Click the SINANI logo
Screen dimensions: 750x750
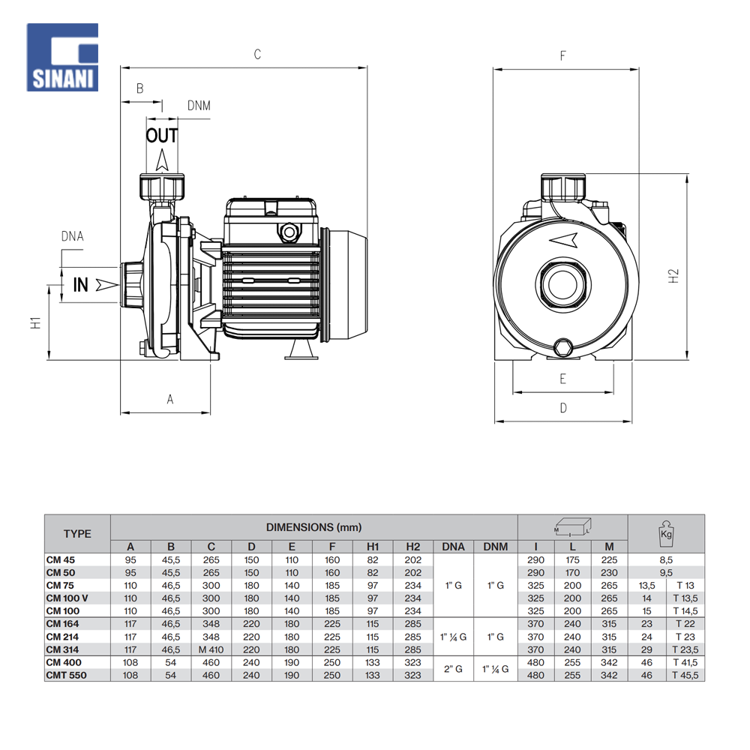coord(62,57)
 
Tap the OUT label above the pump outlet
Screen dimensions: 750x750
coord(162,136)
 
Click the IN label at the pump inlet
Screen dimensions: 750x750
coord(81,285)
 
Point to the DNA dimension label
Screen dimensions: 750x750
coord(72,237)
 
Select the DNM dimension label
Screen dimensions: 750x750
coord(199,106)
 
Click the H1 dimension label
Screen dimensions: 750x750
coord(34,322)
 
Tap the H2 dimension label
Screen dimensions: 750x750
coord(673,276)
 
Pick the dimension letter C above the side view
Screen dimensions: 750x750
coord(257,54)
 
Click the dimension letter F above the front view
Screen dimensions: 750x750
coord(562,56)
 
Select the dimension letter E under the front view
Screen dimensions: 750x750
coord(562,379)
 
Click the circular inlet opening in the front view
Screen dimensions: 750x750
coord(562,284)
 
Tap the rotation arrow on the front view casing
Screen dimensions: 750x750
coord(563,239)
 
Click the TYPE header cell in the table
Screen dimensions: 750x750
coord(77,534)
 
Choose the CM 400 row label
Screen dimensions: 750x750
coord(64,662)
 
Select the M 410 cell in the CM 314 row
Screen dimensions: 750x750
coord(211,649)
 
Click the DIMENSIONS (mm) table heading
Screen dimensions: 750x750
coord(313,528)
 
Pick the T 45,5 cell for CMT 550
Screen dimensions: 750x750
coord(685,675)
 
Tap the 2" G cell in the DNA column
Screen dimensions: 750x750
coord(453,669)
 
